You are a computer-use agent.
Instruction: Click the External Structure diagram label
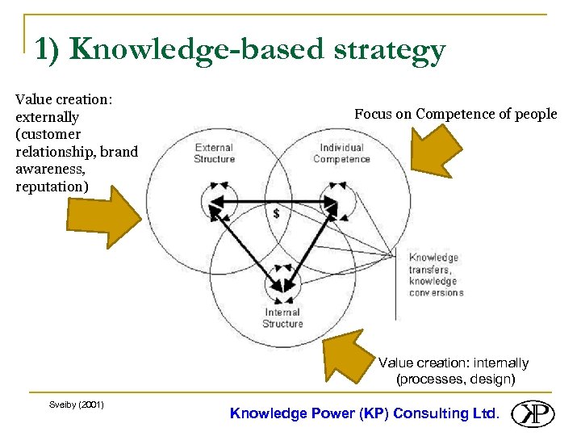[x=214, y=153]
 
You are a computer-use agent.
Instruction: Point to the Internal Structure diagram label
[x=282, y=318]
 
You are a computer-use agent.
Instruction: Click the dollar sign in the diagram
[x=277, y=214]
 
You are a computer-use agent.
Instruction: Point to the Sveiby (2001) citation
[x=76, y=404]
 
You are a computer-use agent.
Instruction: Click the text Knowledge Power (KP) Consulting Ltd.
[x=365, y=413]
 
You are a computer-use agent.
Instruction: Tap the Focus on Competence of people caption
[x=455, y=114]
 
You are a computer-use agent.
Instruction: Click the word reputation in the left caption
[x=50, y=186]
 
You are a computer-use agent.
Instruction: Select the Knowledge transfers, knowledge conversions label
[x=436, y=275]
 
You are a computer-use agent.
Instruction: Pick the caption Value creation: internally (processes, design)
[x=454, y=371]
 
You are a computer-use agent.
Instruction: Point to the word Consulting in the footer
[x=429, y=413]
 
